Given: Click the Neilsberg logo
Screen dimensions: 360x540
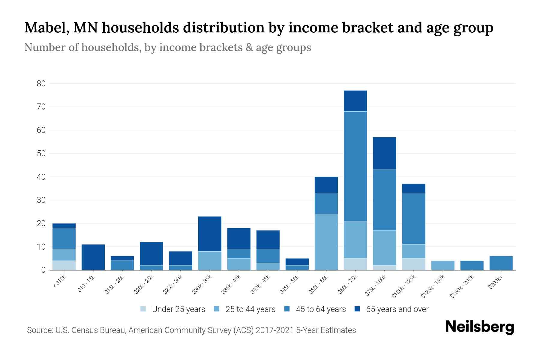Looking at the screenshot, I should (x=479, y=327).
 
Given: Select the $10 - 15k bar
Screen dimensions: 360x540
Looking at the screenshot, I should (x=93, y=257).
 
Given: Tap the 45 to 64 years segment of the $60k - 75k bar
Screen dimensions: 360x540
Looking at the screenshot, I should (x=355, y=166).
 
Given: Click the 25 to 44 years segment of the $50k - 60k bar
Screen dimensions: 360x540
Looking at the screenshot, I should (x=326, y=242).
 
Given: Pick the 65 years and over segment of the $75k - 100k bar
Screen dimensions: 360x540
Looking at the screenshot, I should (x=384, y=153).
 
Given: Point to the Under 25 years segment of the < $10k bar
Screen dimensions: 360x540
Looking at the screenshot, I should (x=64, y=265).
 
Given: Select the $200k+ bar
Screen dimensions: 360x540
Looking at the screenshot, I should (x=501, y=263).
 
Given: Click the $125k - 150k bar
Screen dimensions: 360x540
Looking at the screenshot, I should (x=442, y=265).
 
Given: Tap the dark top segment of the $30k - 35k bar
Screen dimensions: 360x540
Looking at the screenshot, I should (x=210, y=234).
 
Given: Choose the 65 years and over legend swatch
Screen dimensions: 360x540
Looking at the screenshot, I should (x=357, y=309).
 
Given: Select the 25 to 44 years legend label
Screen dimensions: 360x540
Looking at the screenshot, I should (x=250, y=309).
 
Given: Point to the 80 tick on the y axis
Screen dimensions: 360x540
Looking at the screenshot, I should (x=41, y=84).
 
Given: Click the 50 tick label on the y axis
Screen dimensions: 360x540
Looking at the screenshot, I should (x=41, y=154).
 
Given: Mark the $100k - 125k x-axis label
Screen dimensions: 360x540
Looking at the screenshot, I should (x=404, y=287).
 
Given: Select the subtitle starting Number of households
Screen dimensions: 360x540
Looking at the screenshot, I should (x=167, y=47).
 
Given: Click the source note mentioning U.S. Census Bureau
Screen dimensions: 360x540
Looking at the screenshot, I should (x=191, y=330).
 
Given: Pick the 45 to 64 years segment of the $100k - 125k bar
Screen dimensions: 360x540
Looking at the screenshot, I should (x=413, y=218).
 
